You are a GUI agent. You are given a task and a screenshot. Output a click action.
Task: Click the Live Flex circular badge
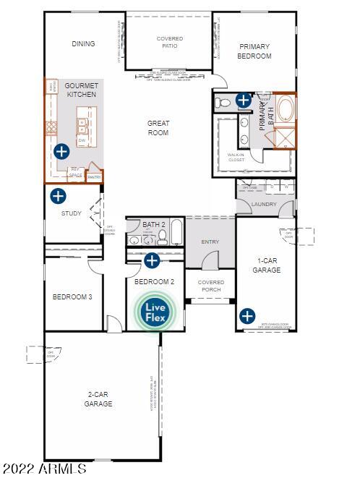point(156,312)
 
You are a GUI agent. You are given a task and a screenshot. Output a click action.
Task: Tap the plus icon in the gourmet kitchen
point(61,151)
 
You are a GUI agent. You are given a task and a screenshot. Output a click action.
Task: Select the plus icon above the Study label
point(58,195)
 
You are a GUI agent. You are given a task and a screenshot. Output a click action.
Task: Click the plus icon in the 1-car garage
point(247,315)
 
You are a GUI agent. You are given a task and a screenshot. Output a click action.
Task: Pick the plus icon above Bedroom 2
point(152,260)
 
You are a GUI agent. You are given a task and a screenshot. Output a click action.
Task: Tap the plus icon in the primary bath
point(244,101)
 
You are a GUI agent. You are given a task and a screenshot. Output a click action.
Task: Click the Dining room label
point(83,44)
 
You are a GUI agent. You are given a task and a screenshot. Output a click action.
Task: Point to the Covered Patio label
point(170,43)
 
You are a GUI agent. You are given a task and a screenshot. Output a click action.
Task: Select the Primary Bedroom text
point(255,51)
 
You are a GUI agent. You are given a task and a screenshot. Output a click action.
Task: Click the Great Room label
point(158,128)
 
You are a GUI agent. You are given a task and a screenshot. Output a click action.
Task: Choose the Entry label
point(210,242)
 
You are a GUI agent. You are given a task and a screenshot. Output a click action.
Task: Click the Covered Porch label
point(211,287)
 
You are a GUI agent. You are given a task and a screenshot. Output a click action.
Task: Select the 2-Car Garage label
point(98,399)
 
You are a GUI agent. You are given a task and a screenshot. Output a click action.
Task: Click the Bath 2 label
point(154,225)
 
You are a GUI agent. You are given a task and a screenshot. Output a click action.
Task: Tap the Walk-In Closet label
point(236,157)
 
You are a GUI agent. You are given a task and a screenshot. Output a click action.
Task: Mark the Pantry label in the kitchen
point(94,176)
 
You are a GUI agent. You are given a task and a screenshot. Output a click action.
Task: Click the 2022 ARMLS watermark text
point(45,469)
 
